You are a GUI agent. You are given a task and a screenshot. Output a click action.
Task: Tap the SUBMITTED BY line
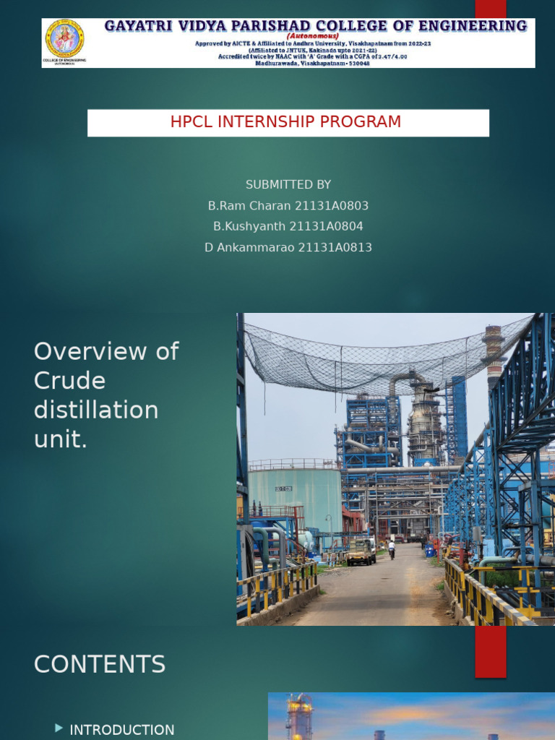click(288, 185)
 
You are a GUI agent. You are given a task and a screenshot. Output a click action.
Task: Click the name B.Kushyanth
click(249, 226)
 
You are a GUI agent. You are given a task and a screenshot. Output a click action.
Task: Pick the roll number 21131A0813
click(335, 247)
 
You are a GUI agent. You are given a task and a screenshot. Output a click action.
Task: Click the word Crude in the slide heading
click(69, 381)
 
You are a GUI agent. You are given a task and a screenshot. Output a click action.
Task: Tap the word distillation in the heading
click(96, 410)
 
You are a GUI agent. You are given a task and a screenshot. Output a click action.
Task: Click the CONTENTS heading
click(100, 664)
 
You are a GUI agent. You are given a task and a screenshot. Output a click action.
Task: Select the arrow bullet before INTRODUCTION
click(59, 728)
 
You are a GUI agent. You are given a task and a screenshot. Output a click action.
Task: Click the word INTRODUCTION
click(121, 730)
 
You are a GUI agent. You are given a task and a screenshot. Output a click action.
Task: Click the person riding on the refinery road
click(392, 548)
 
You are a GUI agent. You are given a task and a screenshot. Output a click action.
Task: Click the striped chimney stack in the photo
click(494, 354)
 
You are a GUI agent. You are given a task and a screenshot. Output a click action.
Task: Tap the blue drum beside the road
click(430, 551)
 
